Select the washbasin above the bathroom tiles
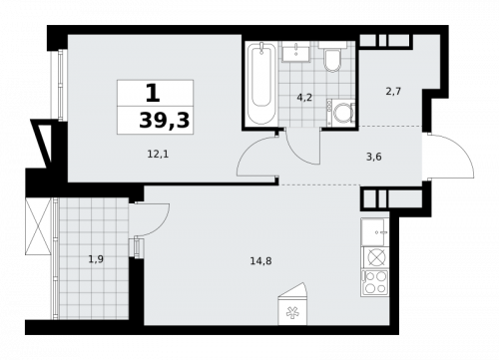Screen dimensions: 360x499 296,55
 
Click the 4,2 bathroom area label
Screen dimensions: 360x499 303,97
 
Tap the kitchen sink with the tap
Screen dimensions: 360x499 376,230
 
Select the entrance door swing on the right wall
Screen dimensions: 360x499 437,155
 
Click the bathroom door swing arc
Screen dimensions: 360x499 256,155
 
